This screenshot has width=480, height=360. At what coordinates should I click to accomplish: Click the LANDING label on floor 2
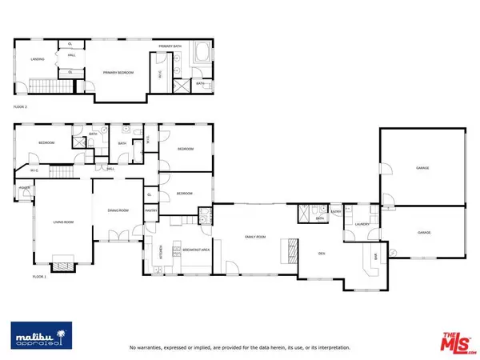tap(37, 59)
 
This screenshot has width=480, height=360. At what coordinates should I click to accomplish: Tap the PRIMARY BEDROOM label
tap(118, 73)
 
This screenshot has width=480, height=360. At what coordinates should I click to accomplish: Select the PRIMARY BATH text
tap(170, 46)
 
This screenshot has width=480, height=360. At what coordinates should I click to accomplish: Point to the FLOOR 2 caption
tap(22, 106)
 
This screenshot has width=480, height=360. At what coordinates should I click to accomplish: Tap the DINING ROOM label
tap(118, 210)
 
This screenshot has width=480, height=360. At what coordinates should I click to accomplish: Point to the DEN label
tap(321, 254)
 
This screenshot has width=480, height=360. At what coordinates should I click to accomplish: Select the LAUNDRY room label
tap(362, 225)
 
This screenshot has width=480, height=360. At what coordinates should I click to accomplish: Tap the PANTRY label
tap(150, 210)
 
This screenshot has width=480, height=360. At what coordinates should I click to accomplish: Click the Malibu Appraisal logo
tap(40, 337)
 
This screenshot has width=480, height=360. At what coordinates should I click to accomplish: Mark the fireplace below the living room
tap(62, 266)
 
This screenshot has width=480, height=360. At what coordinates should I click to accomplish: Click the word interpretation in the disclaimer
tap(331, 348)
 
